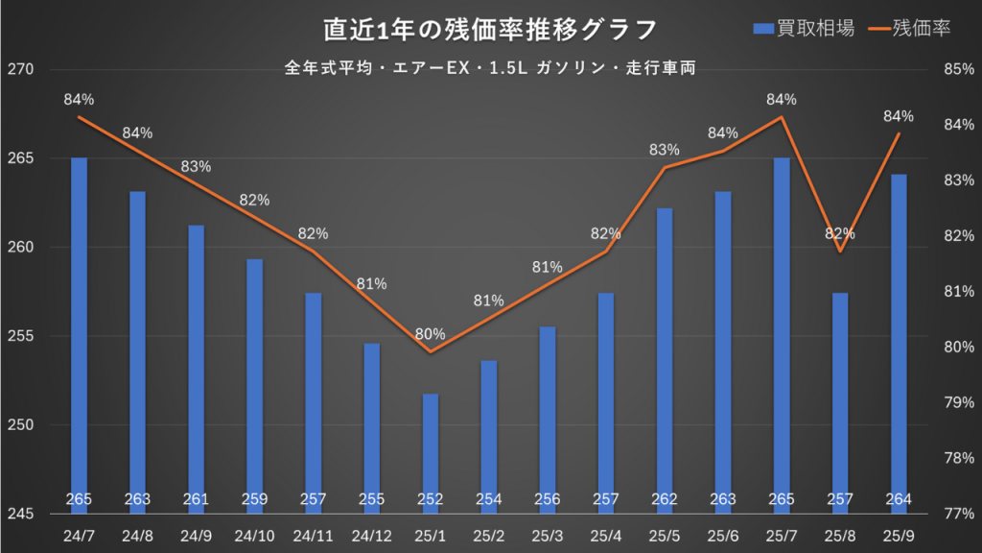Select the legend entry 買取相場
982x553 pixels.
point(815,29)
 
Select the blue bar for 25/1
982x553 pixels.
point(430,451)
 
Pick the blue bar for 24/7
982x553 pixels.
point(79,336)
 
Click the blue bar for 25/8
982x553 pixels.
point(840,403)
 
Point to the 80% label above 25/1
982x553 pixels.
point(430,334)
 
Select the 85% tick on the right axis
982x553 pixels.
point(959,70)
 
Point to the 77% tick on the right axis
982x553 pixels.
point(959,514)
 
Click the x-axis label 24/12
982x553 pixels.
point(371,534)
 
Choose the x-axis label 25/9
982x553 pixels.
point(899,534)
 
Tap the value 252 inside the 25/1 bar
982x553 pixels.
point(430,499)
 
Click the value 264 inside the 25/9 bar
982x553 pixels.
point(899,499)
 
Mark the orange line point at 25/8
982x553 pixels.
point(840,252)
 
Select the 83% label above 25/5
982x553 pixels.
point(664,150)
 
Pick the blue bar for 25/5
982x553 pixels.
point(664,355)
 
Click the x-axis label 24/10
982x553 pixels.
point(254,534)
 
